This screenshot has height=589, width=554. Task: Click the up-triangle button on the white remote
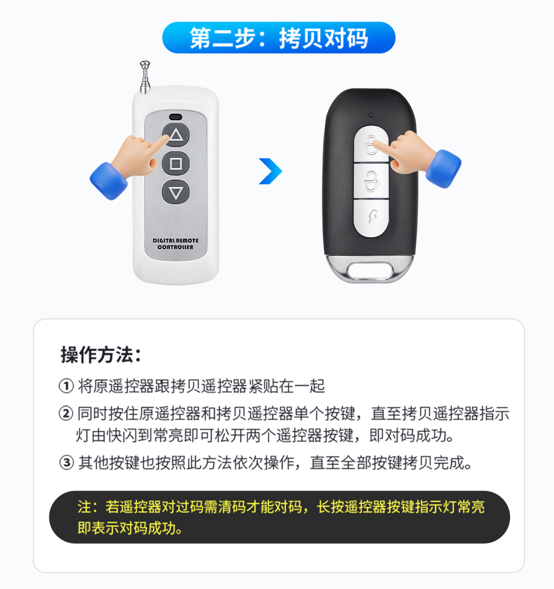tap(176, 135)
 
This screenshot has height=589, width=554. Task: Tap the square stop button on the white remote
tap(176, 164)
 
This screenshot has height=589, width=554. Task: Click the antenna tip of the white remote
tap(145, 64)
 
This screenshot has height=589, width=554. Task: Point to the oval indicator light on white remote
tap(175, 116)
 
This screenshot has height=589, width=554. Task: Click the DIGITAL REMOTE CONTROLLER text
tap(175, 244)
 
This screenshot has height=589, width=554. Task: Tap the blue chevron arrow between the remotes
tap(271, 171)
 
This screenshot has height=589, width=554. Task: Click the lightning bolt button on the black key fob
tap(371, 218)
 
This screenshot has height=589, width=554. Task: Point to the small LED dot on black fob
tap(370, 115)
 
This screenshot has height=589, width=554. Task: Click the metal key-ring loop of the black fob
tap(370, 269)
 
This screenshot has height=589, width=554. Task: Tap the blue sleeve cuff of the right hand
tap(444, 169)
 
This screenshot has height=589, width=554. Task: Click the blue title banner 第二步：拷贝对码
tap(279, 38)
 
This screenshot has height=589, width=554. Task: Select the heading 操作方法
tap(101, 355)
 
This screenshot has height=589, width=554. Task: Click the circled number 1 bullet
tap(66, 386)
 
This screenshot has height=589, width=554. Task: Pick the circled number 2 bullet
tap(66, 413)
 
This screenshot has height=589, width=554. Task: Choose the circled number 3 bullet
tap(67, 462)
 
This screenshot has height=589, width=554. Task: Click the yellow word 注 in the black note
tap(84, 507)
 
